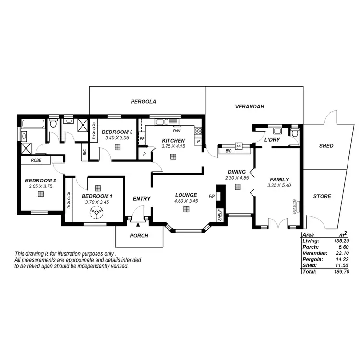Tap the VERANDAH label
250,107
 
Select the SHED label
326,146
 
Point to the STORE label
322,196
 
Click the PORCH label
139,236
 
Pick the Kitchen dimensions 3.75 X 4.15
173,146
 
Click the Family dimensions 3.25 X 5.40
279,185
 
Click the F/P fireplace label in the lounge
212,196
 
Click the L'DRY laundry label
272,140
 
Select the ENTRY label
142,199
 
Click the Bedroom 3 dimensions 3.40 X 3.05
117,138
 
